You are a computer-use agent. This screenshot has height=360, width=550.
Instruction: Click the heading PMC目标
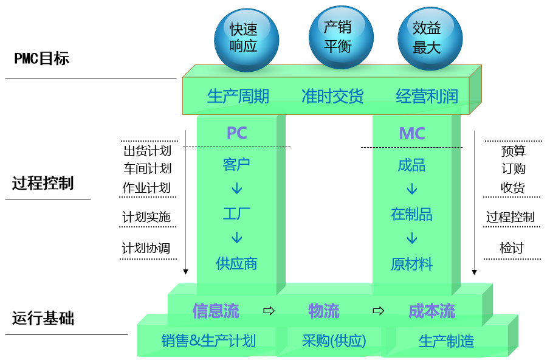(x=42, y=58)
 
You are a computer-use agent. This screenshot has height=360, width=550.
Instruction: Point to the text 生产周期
(x=238, y=96)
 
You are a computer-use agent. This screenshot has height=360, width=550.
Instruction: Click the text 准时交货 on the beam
(x=332, y=96)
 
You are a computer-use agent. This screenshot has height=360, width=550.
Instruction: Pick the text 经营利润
(x=427, y=96)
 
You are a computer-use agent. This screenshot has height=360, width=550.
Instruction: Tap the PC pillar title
(x=236, y=133)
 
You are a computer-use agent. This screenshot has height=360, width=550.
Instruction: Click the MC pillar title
(x=411, y=133)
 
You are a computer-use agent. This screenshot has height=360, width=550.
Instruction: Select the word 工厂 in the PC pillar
(x=236, y=213)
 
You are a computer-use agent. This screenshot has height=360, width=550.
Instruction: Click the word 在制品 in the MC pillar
(x=411, y=213)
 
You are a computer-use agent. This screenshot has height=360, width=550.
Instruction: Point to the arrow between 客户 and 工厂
(x=236, y=189)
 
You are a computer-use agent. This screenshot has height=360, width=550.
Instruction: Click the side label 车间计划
(x=147, y=168)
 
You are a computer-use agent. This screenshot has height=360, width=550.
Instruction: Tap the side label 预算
(x=513, y=151)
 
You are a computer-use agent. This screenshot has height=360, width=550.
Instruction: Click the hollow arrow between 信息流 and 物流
(x=268, y=311)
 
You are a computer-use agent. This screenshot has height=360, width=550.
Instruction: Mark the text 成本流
(x=431, y=311)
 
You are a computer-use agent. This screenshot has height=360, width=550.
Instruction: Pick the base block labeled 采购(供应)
(x=334, y=341)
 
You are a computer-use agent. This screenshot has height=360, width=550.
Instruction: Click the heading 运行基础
(x=43, y=318)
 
